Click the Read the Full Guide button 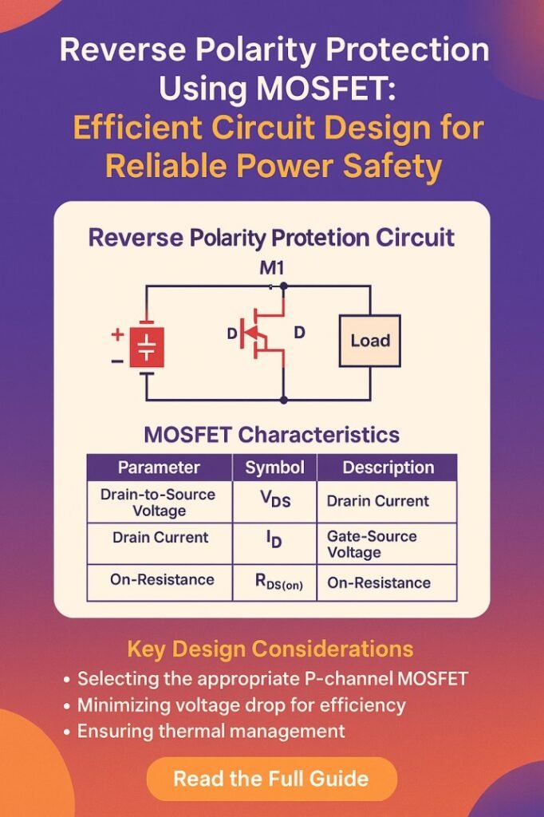pyautogui.click(x=271, y=778)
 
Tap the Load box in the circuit pyautogui.click(x=370, y=341)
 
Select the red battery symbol pyautogui.click(x=147, y=348)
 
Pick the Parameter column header pyautogui.click(x=159, y=468)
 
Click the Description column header pyautogui.click(x=388, y=468)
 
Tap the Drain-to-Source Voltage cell pyautogui.click(x=158, y=502)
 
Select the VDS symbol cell pyautogui.click(x=274, y=501)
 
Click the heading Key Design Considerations pyautogui.click(x=271, y=648)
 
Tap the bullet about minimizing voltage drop pyautogui.click(x=241, y=705)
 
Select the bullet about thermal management pyautogui.click(x=211, y=731)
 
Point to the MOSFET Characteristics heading pyautogui.click(x=271, y=435)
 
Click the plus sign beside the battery pyautogui.click(x=117, y=334)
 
